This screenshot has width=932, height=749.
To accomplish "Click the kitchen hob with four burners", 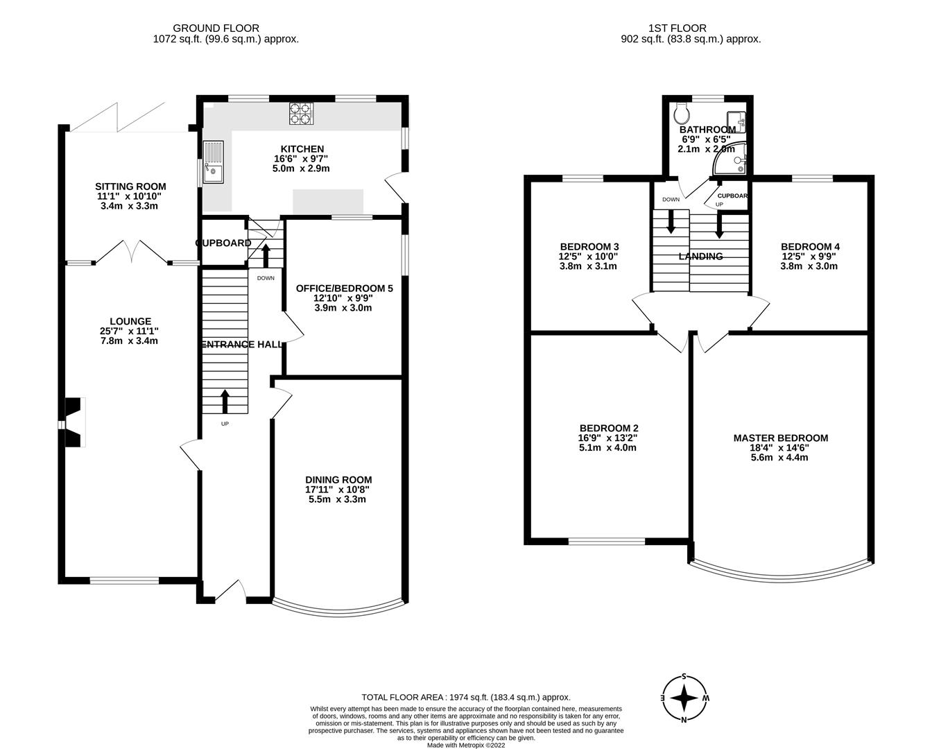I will click(x=301, y=114).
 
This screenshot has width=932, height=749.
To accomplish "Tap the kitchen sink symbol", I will click(x=213, y=162).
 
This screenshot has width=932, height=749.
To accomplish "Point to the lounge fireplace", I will click(x=73, y=423).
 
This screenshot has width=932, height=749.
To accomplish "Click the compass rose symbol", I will click(x=685, y=698).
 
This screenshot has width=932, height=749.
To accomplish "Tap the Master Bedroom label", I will click(x=780, y=438).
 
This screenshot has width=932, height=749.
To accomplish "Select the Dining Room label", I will click(x=338, y=479).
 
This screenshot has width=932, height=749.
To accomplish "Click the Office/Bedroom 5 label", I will click(x=344, y=288).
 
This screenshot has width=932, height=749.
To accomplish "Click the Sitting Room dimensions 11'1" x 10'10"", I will click(x=131, y=196).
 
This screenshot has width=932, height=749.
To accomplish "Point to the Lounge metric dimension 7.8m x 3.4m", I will click(x=130, y=341).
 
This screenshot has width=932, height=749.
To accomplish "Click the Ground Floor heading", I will click(x=225, y=28).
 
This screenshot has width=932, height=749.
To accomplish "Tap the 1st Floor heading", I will click(x=677, y=28).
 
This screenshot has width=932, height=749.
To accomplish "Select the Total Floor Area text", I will click(x=465, y=697).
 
